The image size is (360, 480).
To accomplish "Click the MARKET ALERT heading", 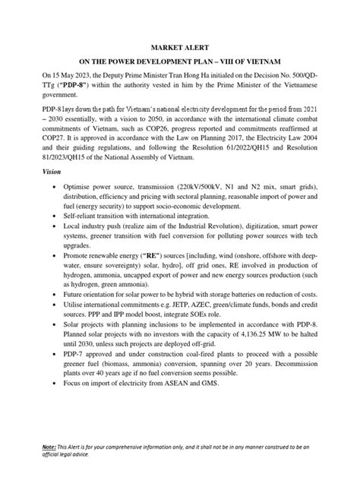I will click(x=179, y=49).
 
